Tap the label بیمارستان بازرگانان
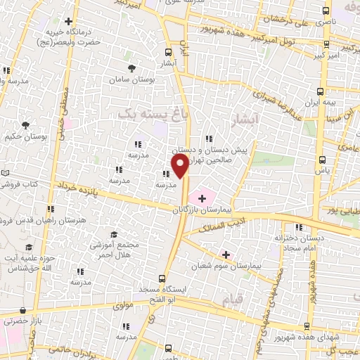tap(203, 210)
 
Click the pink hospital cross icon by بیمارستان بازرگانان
tap(202, 199)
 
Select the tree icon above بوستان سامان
tap(132, 68)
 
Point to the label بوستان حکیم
tap(25, 136)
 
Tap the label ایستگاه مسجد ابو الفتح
tap(162, 296)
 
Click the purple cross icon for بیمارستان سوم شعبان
tap(225, 254)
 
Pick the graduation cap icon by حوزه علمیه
tap(29, 247)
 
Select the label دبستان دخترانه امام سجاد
tap(300, 243)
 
